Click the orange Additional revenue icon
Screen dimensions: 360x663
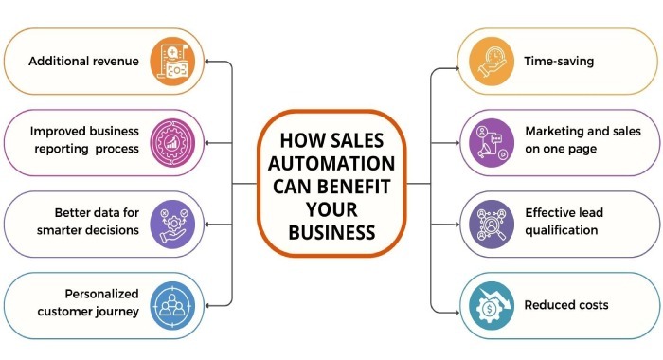172,62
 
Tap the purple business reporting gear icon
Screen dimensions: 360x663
172,143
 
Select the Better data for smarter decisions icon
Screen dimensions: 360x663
172,225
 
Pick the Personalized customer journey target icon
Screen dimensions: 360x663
172,305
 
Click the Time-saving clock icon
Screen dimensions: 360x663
492,62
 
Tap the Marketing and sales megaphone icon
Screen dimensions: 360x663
492,143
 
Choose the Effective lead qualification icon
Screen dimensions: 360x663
492,225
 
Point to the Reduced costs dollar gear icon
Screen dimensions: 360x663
492,305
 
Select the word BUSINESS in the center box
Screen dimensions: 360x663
331,231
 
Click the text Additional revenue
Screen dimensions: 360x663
83,62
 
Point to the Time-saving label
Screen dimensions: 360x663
559,62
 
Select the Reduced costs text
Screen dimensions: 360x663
566,305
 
